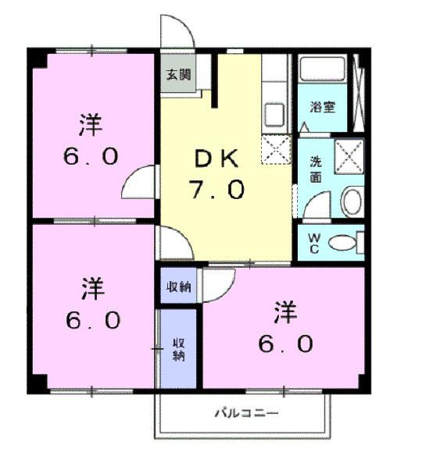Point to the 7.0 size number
214,190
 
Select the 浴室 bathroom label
322,107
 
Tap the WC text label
313,243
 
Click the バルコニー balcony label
245,413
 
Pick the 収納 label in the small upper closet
177,286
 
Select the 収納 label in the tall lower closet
177,349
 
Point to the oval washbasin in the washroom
351,201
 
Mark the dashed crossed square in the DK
276,149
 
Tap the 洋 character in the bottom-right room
285,313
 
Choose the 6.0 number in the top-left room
91,155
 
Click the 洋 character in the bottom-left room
91,290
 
